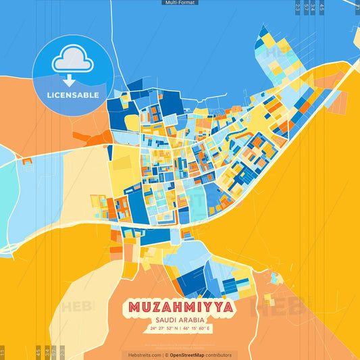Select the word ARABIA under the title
191,319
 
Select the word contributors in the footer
218,355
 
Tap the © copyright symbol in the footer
166,355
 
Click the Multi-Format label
180,3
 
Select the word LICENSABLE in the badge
73,95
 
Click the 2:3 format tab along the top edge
298,7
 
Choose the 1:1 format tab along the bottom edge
2,352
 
